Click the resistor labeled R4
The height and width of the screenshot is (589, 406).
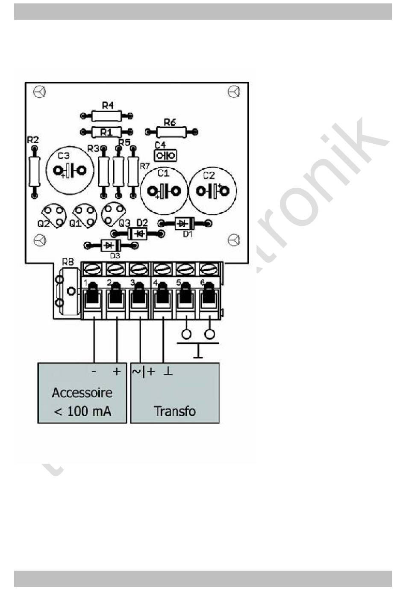tap(106, 115)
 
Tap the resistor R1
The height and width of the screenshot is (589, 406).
tap(106, 132)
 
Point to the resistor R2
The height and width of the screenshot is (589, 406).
tap(34, 171)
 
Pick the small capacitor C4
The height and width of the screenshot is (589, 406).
tap(165, 155)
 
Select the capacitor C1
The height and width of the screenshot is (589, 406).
tap(164, 190)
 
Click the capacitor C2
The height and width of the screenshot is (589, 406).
tap(212, 190)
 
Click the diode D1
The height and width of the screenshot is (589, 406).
tap(185, 223)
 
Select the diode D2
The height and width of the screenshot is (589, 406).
tap(138, 234)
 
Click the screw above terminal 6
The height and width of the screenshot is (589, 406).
tap(208, 269)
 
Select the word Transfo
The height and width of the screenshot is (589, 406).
tap(174, 411)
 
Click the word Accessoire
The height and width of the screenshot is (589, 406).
tap(82, 392)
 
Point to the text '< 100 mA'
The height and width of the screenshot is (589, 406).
tap(82, 411)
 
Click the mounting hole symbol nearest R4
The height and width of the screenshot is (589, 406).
tap(39, 92)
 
